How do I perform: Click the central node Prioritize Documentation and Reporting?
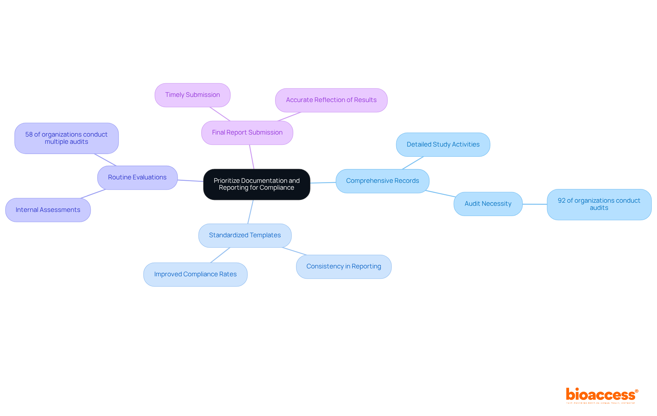point(257,184)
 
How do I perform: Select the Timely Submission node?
point(192,95)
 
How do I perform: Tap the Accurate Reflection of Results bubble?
point(331,100)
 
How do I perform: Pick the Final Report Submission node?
point(247,133)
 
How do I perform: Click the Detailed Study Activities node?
point(443,144)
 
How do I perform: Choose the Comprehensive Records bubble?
point(382,181)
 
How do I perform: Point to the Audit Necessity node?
point(488,204)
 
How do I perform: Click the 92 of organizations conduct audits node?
point(599,204)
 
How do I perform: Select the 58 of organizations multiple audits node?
point(66,138)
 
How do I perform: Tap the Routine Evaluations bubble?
point(137,177)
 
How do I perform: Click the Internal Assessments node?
point(48,210)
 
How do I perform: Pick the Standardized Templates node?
point(245,235)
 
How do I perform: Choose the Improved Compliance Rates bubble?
point(195,274)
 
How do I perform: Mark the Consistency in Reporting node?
point(344,266)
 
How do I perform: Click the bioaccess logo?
point(602,395)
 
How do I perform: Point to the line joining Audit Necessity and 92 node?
point(534,204)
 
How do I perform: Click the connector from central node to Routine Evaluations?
point(190,180)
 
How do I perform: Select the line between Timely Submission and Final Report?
point(220,114)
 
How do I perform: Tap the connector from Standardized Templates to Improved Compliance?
point(220,255)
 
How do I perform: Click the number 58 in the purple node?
point(29,135)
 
